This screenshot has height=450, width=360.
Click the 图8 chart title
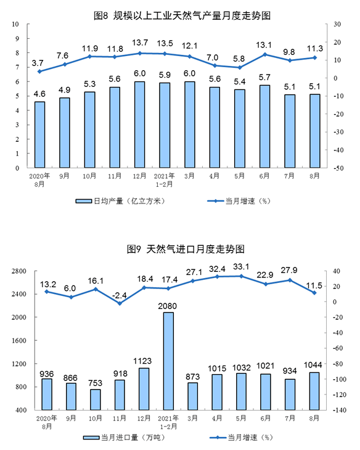182,15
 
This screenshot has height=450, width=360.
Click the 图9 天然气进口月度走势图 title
186,249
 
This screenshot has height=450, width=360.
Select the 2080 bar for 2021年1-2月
168,361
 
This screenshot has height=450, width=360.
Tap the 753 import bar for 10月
96,399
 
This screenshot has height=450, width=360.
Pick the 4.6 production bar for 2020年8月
39,134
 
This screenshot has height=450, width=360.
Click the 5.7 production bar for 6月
264,126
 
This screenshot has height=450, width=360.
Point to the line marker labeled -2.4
120,303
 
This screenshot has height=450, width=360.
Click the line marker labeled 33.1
242,276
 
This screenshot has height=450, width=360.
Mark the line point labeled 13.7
140,53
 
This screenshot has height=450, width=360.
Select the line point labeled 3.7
39,71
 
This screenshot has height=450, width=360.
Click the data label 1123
142,361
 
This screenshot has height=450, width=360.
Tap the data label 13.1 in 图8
264,45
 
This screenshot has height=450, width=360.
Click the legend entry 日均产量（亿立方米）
121,201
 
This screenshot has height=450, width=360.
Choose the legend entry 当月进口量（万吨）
125,438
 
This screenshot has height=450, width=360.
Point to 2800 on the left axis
19,271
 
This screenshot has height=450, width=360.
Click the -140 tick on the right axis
340,410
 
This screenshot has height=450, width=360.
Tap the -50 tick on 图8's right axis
338,168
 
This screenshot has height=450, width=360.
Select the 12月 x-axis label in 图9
144,419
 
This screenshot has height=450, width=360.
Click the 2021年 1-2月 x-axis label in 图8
164,179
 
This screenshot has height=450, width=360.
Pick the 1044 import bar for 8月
314,391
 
